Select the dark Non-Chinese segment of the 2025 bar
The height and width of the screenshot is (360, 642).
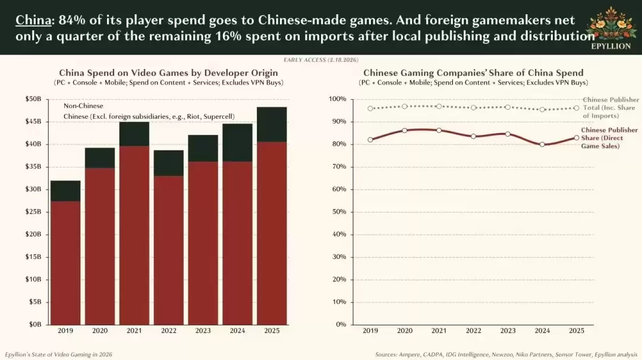271,124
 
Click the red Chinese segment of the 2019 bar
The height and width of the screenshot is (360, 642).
65,261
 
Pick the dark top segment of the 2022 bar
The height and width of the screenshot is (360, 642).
168,163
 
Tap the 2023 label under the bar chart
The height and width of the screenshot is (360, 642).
203,330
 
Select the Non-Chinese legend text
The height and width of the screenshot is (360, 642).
83,106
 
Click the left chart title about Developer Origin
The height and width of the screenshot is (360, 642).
168,73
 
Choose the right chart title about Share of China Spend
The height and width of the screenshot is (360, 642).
473,73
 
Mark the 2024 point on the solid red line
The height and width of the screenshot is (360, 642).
542,144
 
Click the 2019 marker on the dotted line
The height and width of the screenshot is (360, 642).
370,109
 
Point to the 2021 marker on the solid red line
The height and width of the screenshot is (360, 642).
439,130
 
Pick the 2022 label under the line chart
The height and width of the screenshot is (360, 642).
473,330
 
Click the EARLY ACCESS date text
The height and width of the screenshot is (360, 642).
322,60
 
